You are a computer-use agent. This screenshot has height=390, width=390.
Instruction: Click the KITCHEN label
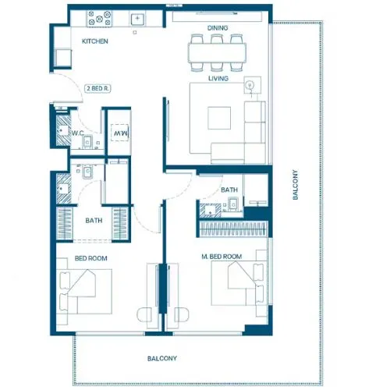tap(95, 41)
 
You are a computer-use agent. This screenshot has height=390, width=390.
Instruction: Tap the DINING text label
tap(218, 29)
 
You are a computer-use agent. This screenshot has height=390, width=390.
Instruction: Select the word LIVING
tap(217, 78)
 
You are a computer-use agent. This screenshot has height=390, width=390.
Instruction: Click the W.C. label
tap(78, 133)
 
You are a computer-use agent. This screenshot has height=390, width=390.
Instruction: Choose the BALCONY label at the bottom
tap(162, 358)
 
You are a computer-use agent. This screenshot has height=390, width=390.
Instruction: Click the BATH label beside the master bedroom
tap(229, 190)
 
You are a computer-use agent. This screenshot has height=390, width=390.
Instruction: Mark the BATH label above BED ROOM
tap(94, 221)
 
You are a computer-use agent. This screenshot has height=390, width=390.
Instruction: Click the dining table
tap(218, 52)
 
